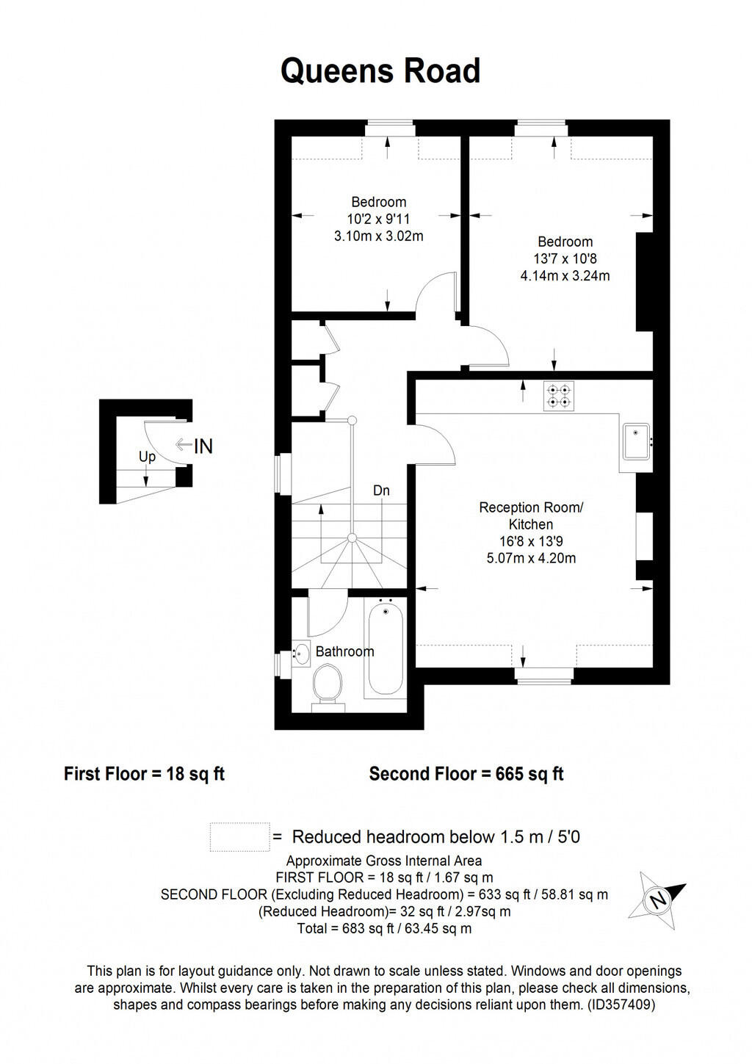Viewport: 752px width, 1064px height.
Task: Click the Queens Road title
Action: [380, 71]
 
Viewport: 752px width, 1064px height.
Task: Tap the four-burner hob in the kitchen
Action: [558, 397]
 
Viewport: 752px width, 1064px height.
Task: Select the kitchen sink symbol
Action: [636, 441]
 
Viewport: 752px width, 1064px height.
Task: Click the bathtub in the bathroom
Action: [385, 648]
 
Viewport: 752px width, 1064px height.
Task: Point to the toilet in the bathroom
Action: [328, 684]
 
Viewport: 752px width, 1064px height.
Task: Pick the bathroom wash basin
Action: [301, 652]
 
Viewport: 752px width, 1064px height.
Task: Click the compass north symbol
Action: [657, 899]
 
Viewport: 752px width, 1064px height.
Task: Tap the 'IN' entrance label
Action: [203, 446]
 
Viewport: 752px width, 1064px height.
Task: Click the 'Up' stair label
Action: [147, 457]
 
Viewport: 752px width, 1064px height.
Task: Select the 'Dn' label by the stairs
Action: [381, 491]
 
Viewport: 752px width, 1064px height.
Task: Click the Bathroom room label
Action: [344, 651]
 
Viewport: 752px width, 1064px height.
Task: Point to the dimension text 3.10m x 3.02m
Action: [378, 236]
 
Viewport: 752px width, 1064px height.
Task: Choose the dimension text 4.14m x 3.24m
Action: [565, 276]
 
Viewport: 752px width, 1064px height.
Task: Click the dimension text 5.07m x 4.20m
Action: [531, 558]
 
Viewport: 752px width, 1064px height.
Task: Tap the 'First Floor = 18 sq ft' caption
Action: [144, 774]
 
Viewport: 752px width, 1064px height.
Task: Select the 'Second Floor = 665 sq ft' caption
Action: [466, 774]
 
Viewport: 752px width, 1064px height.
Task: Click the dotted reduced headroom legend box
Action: [239, 836]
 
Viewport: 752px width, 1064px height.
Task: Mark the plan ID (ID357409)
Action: [621, 1005]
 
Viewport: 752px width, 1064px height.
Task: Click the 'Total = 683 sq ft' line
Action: [384, 928]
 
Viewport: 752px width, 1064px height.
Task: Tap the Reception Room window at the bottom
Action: [543, 676]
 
